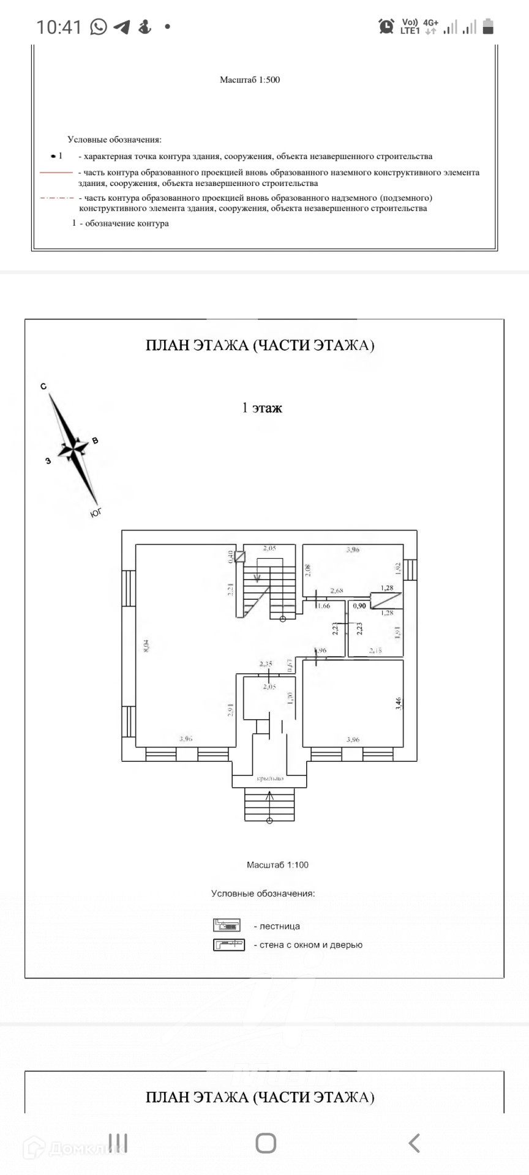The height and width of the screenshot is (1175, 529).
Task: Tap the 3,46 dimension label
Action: (399, 703)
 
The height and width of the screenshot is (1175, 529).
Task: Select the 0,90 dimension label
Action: (359, 606)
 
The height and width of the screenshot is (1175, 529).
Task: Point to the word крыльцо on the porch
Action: (269, 779)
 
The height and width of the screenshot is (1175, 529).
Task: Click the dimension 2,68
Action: (337, 591)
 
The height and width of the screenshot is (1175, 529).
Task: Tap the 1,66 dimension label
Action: (324, 606)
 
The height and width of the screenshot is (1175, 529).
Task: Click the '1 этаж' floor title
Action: (262, 408)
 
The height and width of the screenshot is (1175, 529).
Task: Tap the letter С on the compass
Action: (43, 386)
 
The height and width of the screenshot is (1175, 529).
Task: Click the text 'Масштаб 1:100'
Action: (277, 865)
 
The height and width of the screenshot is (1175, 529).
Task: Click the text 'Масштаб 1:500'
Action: (250, 80)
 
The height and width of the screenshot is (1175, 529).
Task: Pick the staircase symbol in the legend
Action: (227, 925)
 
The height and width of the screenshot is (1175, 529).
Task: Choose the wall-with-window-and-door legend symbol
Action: (228, 945)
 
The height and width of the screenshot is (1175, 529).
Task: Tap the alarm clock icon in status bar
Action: (386, 26)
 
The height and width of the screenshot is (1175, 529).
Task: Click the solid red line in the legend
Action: (56, 173)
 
